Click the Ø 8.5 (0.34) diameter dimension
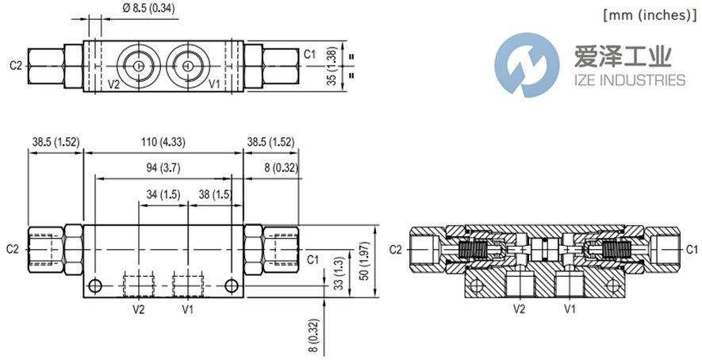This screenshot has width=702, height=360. [148, 8]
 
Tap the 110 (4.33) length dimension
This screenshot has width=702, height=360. [163, 142]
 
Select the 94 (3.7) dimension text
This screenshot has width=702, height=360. [163, 168]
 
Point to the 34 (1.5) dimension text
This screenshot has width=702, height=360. [163, 195]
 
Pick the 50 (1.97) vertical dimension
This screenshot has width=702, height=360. [366, 261]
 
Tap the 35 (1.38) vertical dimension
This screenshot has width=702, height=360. [332, 66]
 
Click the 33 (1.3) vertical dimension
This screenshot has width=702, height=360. [339, 273]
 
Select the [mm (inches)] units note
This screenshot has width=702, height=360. [650, 15]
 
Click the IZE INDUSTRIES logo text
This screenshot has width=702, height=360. [630, 80]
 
